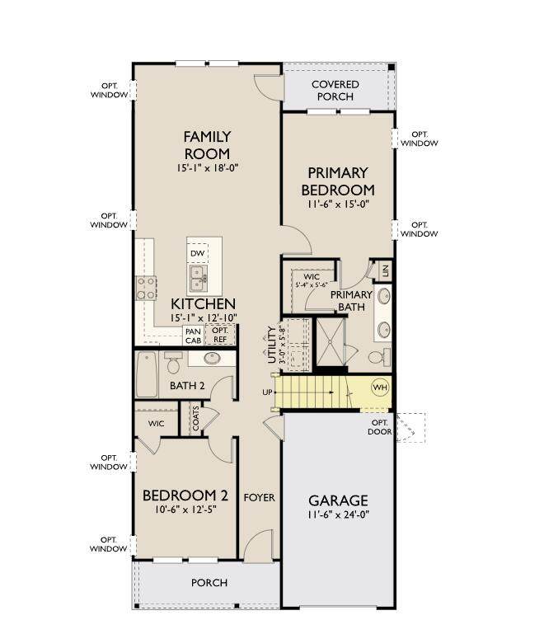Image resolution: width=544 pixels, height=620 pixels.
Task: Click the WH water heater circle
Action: pos(380,387)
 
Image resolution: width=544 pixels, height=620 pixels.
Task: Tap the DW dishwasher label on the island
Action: pos(197,253)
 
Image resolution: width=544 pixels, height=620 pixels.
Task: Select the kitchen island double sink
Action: pos(198,278)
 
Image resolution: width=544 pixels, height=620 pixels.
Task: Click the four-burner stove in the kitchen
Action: pos(146,289)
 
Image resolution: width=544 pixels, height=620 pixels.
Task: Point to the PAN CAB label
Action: pos(194,336)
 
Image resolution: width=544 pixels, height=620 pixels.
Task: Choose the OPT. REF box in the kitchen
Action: pos(220,335)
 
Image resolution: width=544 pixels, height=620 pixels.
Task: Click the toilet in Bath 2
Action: pos(173,363)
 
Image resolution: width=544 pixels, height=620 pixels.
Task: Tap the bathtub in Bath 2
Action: pos(147,374)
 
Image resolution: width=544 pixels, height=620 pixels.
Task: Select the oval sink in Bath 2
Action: pos(212,359)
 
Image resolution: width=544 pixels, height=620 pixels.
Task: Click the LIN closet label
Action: pos(386,270)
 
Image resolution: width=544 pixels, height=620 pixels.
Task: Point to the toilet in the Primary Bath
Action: pos(379,357)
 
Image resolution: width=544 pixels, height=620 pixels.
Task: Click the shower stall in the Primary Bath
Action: pos(331,342)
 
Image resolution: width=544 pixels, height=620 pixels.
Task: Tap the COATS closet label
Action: pos(196,418)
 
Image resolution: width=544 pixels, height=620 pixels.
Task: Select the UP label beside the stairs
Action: pos(267,392)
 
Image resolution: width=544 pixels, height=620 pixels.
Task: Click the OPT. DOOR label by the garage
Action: pos(379,427)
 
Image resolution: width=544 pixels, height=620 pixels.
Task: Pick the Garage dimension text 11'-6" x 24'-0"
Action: pos(338,514)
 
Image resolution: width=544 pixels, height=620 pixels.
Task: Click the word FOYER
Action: pos(260,497)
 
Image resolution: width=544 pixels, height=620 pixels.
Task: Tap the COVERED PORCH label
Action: pos(335,91)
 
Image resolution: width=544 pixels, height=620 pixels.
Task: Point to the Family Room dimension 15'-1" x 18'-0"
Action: pos(207,167)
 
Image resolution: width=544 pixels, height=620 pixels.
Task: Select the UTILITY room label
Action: pos(272,345)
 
